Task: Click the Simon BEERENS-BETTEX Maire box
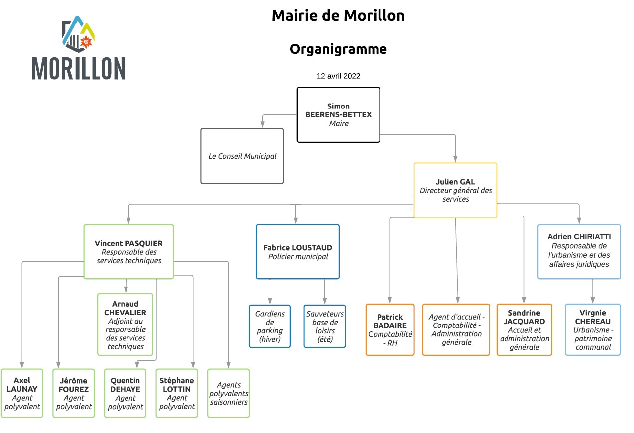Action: click(338, 114)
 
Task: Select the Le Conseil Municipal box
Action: click(242, 156)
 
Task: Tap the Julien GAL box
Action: click(455, 190)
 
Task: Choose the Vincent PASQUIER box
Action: click(128, 252)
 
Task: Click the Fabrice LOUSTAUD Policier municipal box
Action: click(297, 252)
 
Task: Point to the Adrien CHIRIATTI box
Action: click(579, 252)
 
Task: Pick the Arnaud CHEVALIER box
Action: click(125, 325)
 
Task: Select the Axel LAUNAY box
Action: click(22, 393)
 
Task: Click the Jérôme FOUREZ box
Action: click(74, 393)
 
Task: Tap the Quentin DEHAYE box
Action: click(125, 393)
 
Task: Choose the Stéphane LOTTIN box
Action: click(177, 393)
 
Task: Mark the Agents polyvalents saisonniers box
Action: click(228, 393)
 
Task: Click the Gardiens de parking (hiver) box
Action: click(269, 326)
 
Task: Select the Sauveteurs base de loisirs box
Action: click(325, 326)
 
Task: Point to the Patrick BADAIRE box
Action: click(390, 329)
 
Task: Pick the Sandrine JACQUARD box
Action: click(524, 329)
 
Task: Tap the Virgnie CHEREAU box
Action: click(592, 329)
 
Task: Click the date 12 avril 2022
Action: click(338, 76)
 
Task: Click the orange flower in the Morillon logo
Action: click(86, 42)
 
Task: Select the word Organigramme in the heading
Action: click(338, 49)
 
